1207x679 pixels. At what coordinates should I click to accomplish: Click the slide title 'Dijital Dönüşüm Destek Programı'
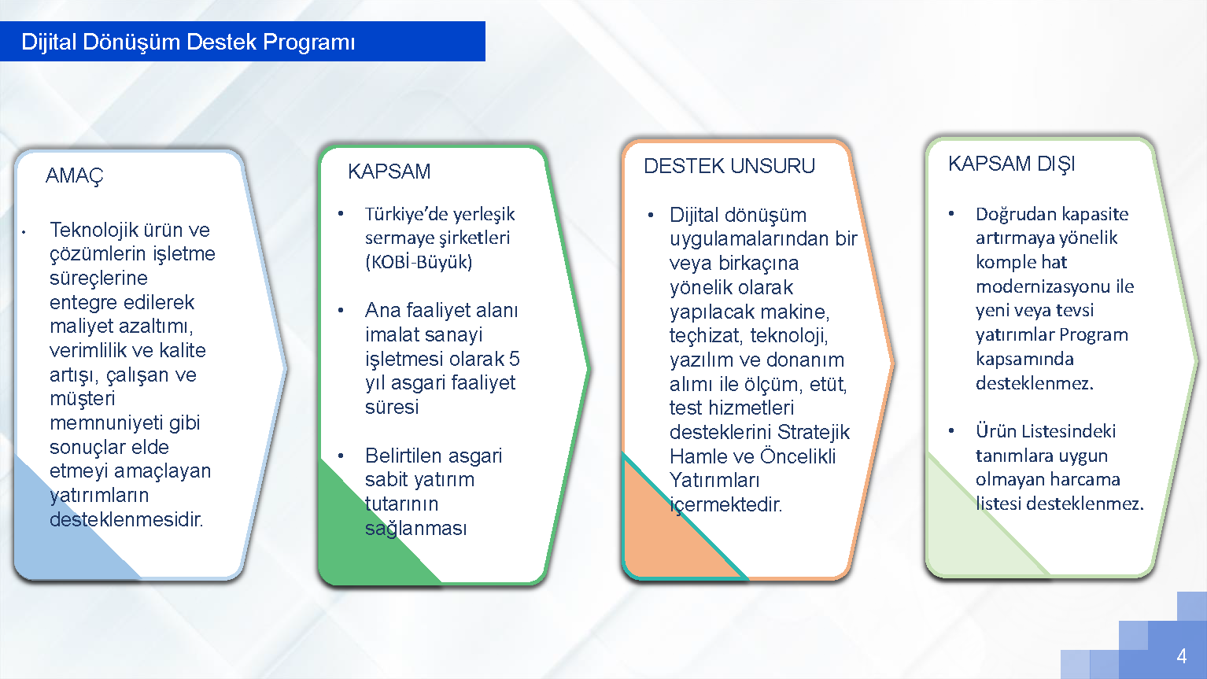click(x=188, y=42)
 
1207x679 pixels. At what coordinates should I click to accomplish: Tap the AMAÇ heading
click(x=74, y=176)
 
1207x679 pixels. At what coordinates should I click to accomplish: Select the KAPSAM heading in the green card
click(x=389, y=172)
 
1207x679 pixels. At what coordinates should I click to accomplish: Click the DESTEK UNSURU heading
click(x=729, y=166)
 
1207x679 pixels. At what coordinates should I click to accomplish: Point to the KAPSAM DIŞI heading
click(x=1011, y=164)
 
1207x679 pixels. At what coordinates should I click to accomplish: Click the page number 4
click(x=1181, y=656)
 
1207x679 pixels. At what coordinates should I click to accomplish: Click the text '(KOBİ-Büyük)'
click(x=418, y=263)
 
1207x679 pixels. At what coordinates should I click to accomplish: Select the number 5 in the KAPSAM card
click(x=514, y=359)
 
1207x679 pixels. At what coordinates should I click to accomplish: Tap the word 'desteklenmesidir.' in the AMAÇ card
click(x=126, y=519)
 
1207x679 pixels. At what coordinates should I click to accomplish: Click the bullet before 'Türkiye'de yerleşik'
click(x=341, y=214)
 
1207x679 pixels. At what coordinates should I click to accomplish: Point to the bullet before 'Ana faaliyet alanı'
click(x=341, y=311)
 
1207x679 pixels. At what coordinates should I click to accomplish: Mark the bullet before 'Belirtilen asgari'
click(x=341, y=456)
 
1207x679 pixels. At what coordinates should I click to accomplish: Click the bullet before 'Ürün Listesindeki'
click(x=951, y=430)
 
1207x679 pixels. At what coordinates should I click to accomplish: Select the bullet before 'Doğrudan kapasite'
click(x=951, y=214)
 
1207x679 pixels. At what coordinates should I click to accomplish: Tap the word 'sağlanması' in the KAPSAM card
click(x=415, y=529)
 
